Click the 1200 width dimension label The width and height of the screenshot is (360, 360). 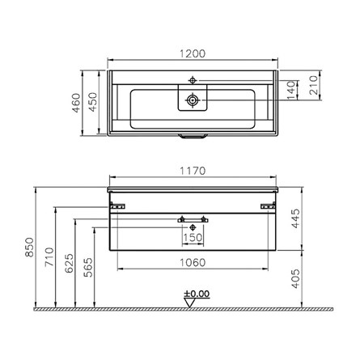pyautogui.click(x=193, y=53)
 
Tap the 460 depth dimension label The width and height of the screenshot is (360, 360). pyautogui.click(x=76, y=103)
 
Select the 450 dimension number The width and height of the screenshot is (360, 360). pyautogui.click(x=93, y=102)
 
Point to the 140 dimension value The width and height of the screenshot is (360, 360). pyautogui.click(x=291, y=90)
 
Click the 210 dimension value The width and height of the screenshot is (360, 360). pyautogui.click(x=313, y=85)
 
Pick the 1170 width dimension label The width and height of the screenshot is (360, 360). pyautogui.click(x=193, y=171)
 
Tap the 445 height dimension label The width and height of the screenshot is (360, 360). pyautogui.click(x=295, y=218)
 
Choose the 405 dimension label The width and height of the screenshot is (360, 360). pyautogui.click(x=295, y=278)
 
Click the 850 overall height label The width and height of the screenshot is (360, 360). pyautogui.click(x=29, y=247)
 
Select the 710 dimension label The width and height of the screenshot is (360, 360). pyautogui.click(x=49, y=256)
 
